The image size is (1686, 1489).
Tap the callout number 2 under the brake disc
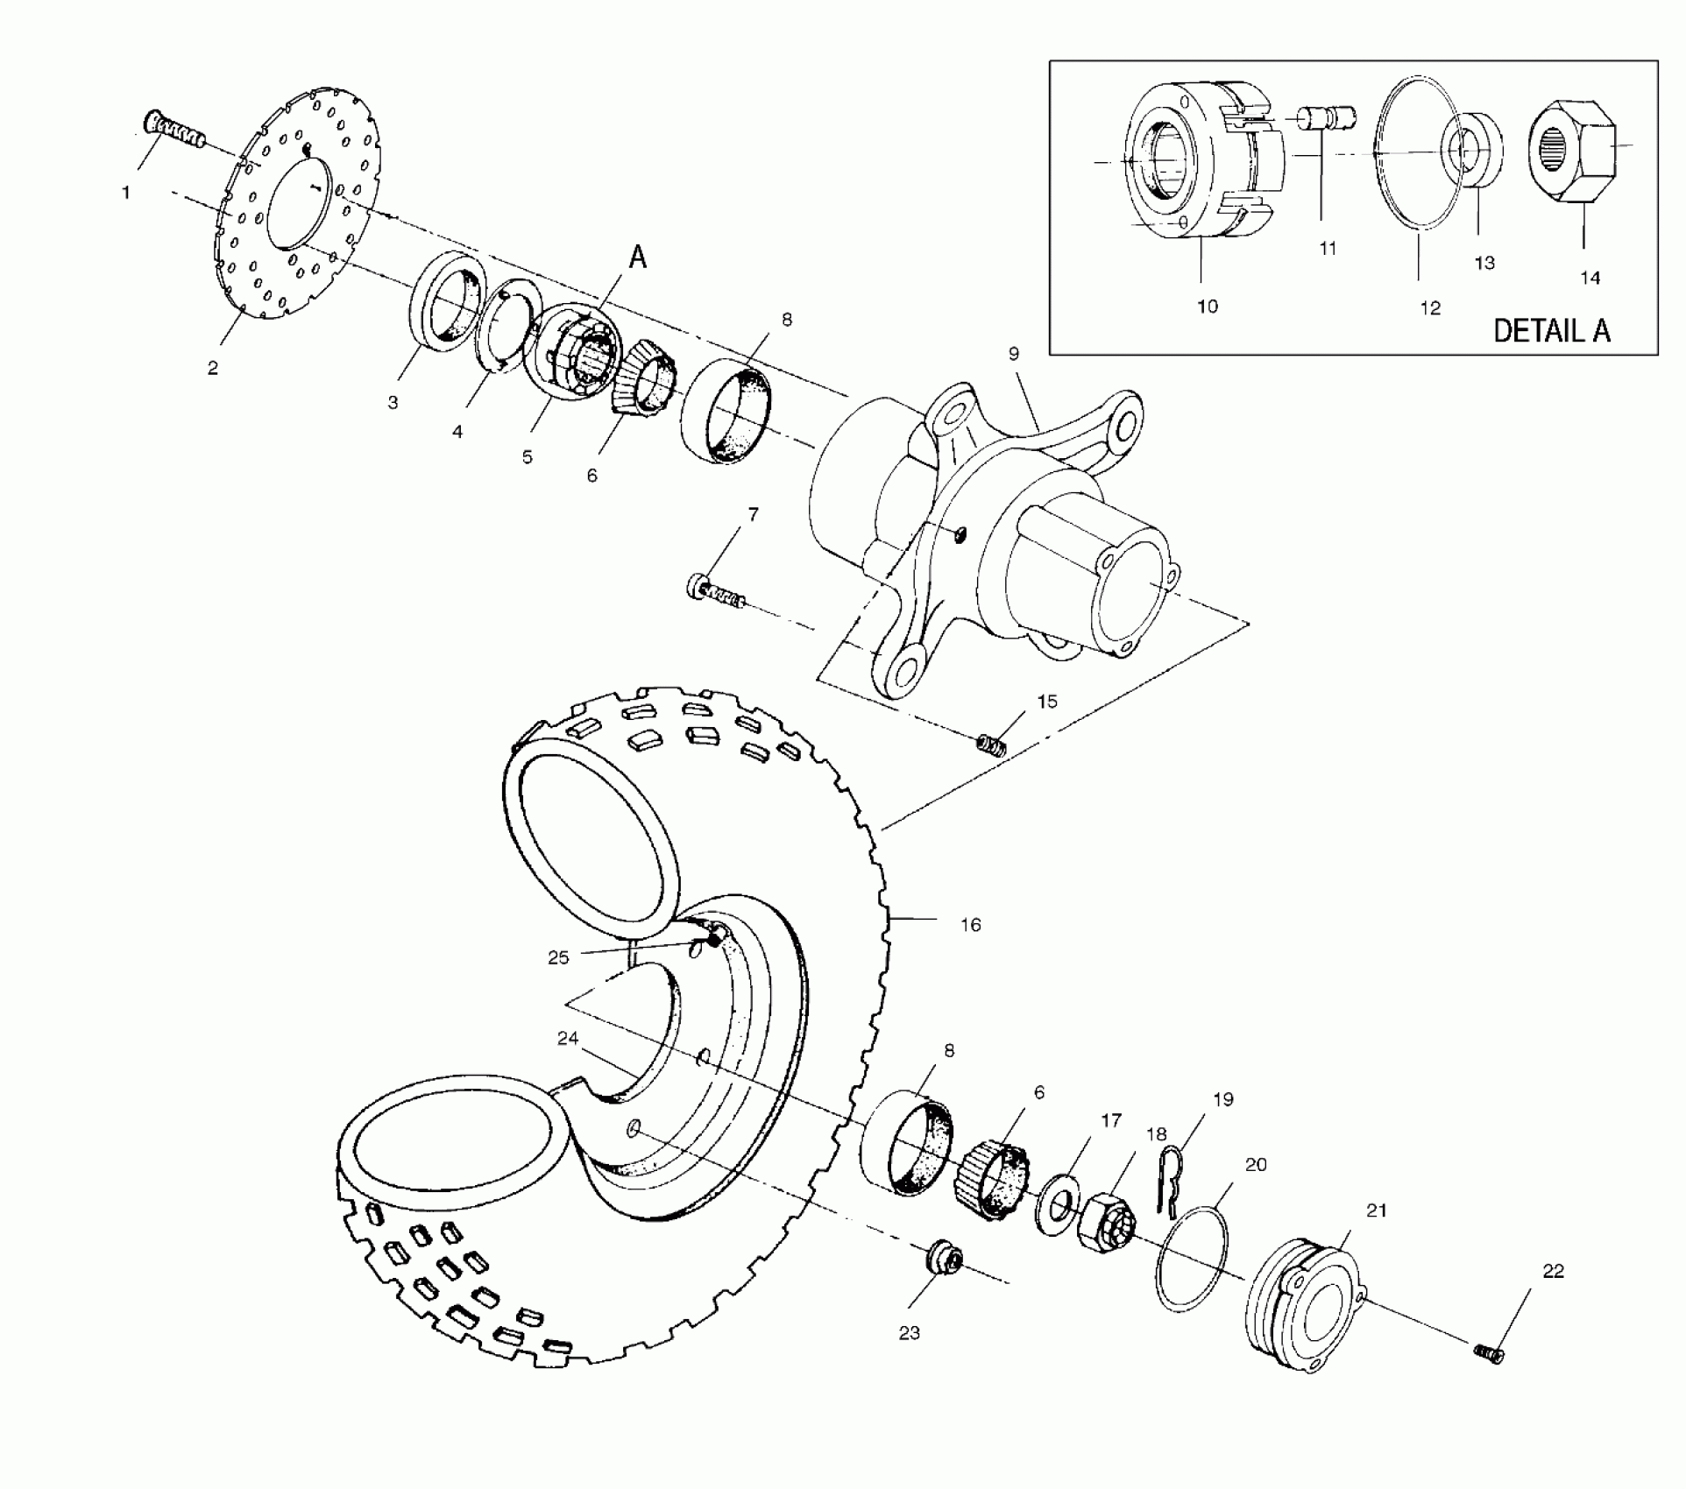pyautogui.click(x=213, y=369)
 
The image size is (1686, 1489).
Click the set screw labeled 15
pyautogui.click(x=991, y=745)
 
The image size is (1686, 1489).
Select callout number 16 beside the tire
pyautogui.click(x=970, y=925)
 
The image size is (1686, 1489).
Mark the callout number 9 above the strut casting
pyautogui.click(x=1014, y=354)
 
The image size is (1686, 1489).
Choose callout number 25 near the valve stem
pyautogui.click(x=558, y=958)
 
